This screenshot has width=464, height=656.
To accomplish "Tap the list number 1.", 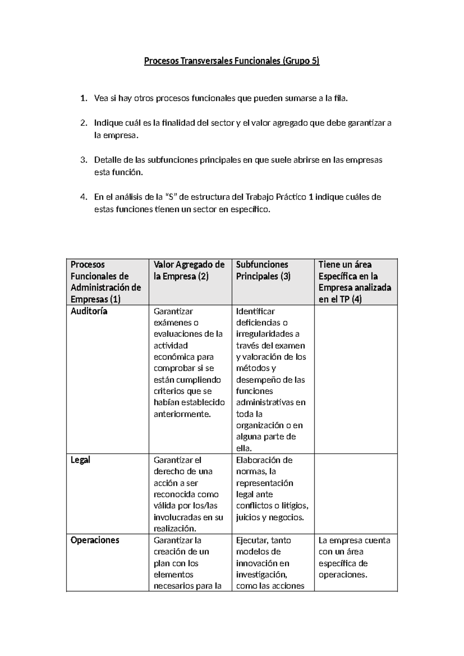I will pos(83,99).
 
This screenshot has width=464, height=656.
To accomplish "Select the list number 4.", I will pos(83,197).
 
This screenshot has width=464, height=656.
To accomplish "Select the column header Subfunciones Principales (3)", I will pos(263,270).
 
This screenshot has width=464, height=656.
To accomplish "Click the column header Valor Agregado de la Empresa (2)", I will pos(189,270).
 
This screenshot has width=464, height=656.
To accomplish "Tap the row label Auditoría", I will pos(89,311).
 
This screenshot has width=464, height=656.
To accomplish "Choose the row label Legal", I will pos(80,460).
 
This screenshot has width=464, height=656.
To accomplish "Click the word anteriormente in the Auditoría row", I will pos(182,414).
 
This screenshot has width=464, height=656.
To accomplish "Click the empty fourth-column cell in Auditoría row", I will pos(356,379).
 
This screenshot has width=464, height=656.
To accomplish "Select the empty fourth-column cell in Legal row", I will pos(356,494).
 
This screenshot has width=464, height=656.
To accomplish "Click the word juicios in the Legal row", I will pos(247,518).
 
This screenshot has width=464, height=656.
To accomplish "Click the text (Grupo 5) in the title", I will pos(302,61).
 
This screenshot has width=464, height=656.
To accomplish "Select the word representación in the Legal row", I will pos(264,483).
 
